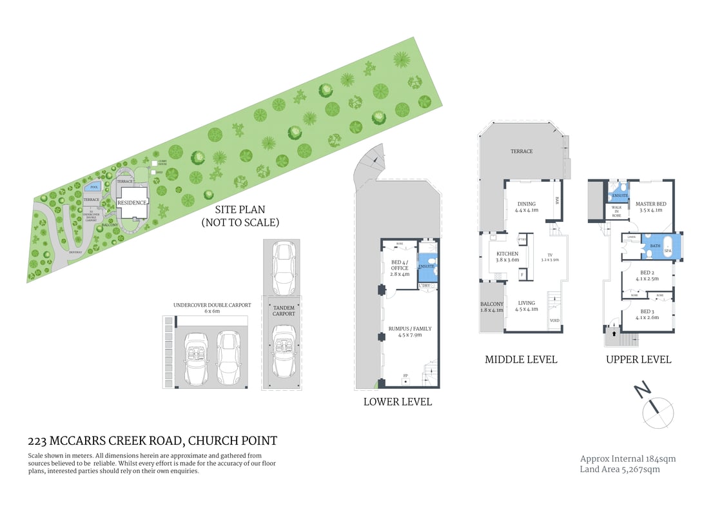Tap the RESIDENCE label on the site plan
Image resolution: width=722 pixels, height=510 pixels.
[x=132, y=202]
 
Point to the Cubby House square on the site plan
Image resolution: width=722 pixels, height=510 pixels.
[x=154, y=163]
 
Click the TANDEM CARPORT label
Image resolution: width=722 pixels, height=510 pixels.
[x=284, y=311]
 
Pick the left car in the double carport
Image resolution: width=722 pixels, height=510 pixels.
[x=197, y=358]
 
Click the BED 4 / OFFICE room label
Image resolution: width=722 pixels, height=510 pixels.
[x=400, y=268]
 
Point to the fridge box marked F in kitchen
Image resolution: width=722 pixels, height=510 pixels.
[x=522, y=275]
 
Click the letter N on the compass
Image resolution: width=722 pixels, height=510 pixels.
[x=641, y=389]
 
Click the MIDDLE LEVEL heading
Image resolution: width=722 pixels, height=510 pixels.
[x=521, y=359]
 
